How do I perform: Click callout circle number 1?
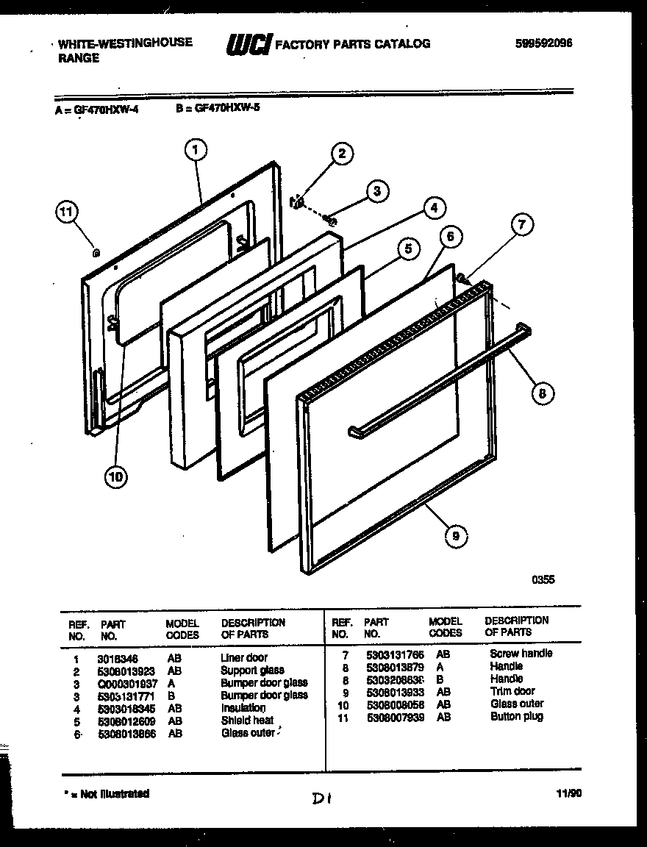tap(194, 151)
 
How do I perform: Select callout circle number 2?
tap(341, 154)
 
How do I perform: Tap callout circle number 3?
tap(376, 192)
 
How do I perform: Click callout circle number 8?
tap(542, 393)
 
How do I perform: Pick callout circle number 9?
tap(456, 537)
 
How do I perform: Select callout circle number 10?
tap(115, 477)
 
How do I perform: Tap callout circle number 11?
tap(67, 212)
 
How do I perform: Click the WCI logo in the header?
tap(248, 45)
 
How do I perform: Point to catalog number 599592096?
tap(543, 43)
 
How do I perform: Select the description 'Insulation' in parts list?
tap(243, 708)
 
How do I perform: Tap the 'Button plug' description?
tap(516, 716)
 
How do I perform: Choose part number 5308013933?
tap(394, 691)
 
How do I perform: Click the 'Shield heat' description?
tap(247, 721)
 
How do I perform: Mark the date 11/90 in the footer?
tap(568, 793)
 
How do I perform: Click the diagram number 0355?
tap(543, 579)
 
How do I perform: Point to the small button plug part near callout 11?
tap(96, 252)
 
